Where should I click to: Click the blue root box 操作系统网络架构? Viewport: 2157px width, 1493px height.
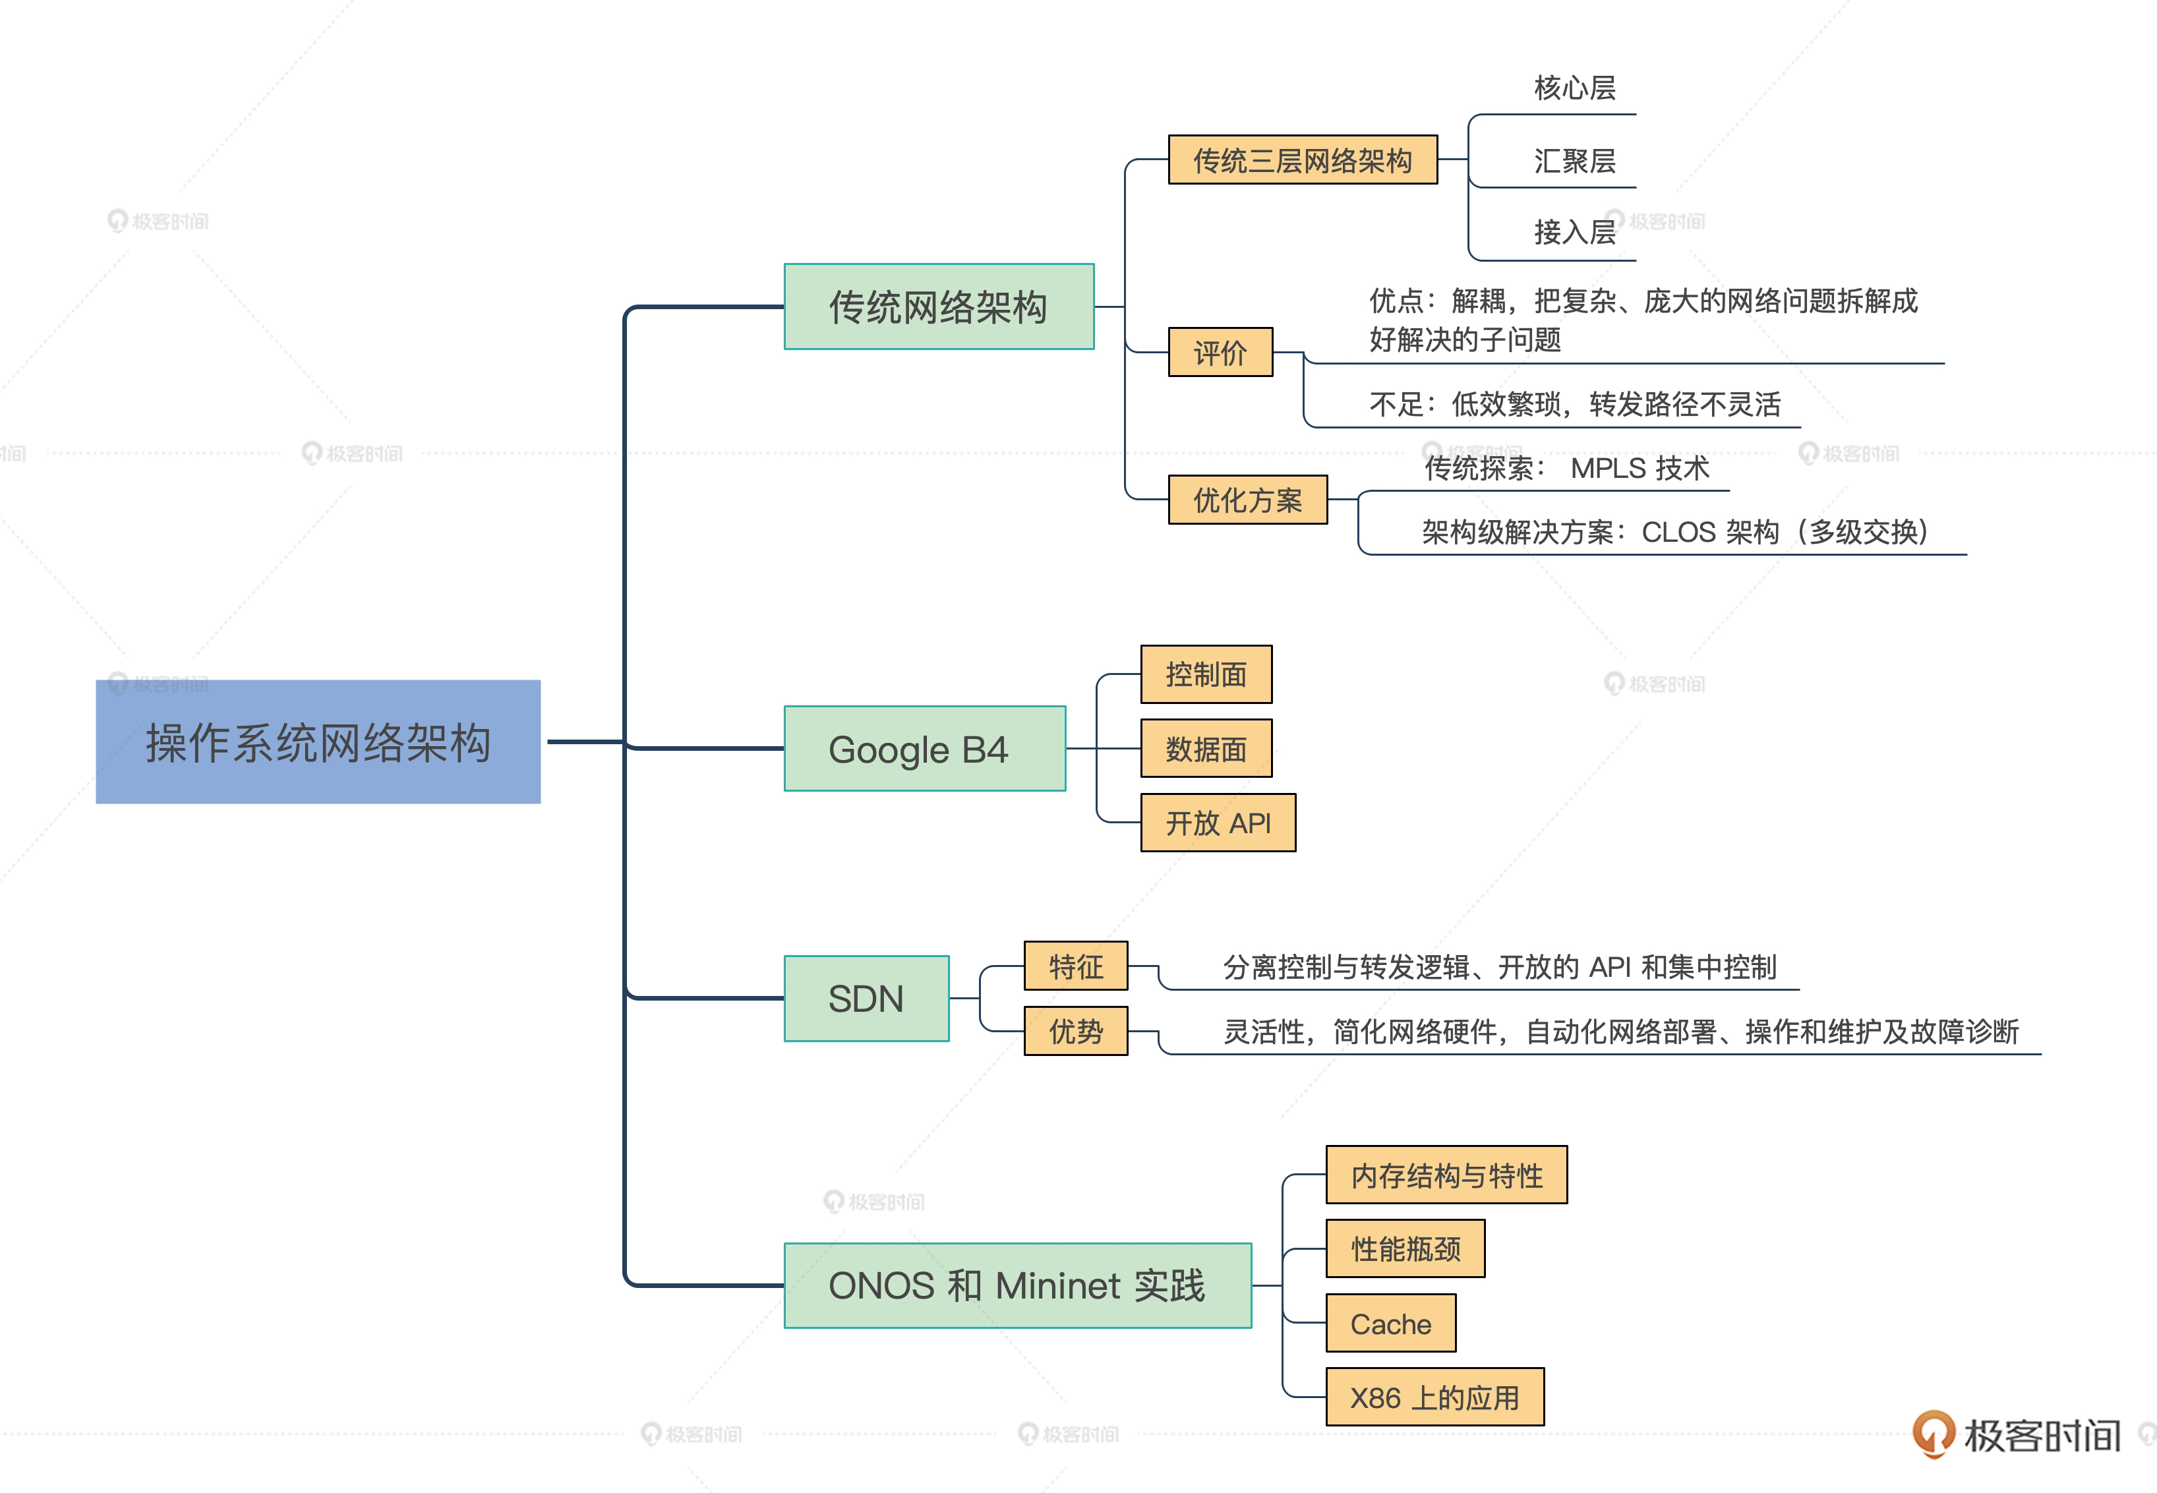pyautogui.click(x=318, y=742)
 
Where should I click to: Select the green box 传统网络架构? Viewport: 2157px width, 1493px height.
pyautogui.click(x=938, y=307)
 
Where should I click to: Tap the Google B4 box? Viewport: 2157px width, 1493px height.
pyautogui.click(x=924, y=748)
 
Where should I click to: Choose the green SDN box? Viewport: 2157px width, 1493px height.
pyautogui.click(x=866, y=998)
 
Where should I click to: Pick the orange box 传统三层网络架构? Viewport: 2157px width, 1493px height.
pyautogui.click(x=1302, y=160)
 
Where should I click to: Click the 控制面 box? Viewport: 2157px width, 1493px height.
pyautogui.click(x=1206, y=674)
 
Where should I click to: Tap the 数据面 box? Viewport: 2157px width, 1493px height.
pyautogui.click(x=1206, y=748)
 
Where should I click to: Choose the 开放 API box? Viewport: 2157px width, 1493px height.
pyautogui.click(x=1218, y=822)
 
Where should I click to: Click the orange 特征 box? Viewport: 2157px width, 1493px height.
pyautogui.click(x=1076, y=966)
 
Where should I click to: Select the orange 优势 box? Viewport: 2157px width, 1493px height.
pyautogui.click(x=1076, y=1031)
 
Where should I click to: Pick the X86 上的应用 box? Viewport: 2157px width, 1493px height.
pyautogui.click(x=1434, y=1397)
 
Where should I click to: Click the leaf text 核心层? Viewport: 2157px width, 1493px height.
pyautogui.click(x=1574, y=88)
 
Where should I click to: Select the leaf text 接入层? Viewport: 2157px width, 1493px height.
pyautogui.click(x=1574, y=232)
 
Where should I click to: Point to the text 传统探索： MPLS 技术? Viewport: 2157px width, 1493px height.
pyautogui.click(x=1567, y=468)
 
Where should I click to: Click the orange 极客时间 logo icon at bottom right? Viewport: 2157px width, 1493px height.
pyautogui.click(x=1932, y=1432)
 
